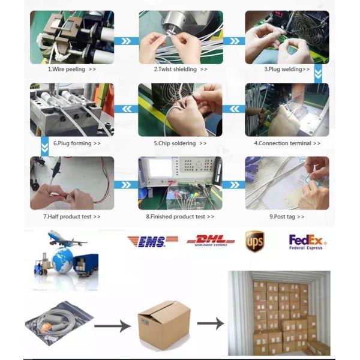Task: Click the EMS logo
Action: point(152,242)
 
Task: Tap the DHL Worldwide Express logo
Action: point(211,241)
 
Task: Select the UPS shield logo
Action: point(254,241)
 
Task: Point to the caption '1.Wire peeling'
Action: point(67,70)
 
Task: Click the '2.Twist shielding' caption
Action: point(175,70)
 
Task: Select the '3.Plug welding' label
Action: point(283,70)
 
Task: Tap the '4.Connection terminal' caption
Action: point(283,143)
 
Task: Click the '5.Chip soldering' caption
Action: point(175,143)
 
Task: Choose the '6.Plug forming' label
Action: point(73,143)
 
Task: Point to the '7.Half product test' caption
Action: point(67,217)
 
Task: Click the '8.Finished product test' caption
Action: point(176,217)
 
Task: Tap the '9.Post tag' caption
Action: point(283,217)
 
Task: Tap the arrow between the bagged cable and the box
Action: point(112,326)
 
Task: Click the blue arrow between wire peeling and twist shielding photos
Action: point(126,41)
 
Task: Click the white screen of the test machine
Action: point(157,168)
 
